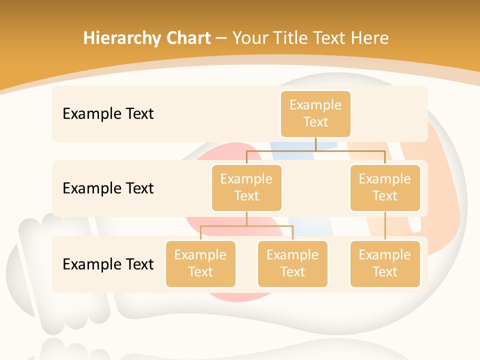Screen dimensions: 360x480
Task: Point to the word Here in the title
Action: [x=369, y=38]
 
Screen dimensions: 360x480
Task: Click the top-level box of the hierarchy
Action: [x=315, y=114]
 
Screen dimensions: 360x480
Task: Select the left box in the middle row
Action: [x=246, y=188]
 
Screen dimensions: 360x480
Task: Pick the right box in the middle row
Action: [x=385, y=188]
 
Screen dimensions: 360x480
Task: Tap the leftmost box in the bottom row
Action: [x=200, y=264]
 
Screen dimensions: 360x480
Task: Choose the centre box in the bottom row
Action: [x=292, y=264]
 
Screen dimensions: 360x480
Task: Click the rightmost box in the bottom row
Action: [x=385, y=264]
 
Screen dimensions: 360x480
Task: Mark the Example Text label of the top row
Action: [x=108, y=114]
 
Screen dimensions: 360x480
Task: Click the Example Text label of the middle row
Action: [x=108, y=188]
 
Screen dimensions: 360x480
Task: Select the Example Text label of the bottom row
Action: [x=108, y=264]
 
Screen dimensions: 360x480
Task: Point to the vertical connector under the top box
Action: [x=315, y=144]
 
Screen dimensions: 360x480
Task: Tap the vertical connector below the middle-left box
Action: [x=246, y=219]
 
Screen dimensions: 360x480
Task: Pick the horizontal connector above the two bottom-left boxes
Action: [x=225, y=226]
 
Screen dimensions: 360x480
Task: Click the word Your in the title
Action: [x=249, y=38]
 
